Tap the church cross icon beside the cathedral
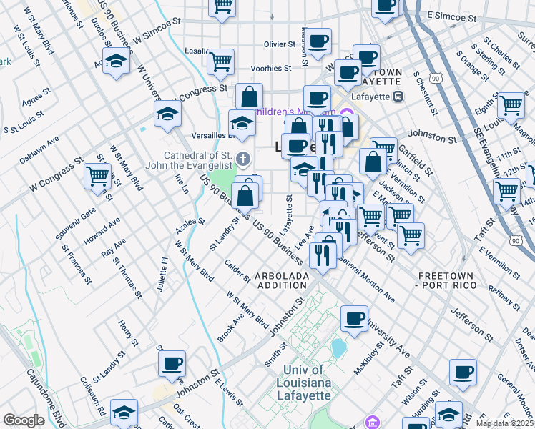pyautogui.click(x=243, y=159)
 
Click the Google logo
pyautogui.click(x=24, y=420)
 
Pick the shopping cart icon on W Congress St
pyautogui.click(x=98, y=175)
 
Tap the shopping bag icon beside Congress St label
pyautogui.click(x=249, y=95)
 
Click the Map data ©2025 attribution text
pyautogui.click(x=504, y=423)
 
